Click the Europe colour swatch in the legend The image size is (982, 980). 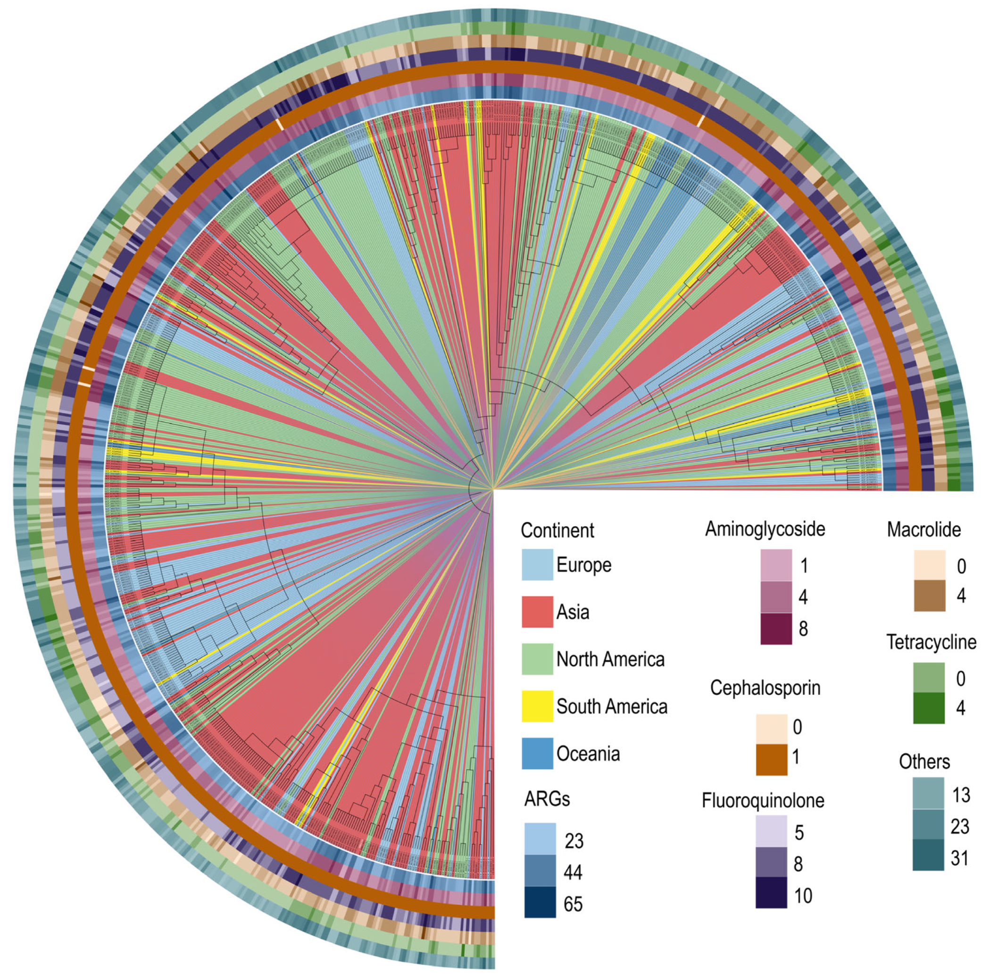[537, 565]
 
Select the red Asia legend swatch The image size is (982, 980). [537, 612]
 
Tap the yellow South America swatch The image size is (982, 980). [537, 706]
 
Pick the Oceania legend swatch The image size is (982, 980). [537, 753]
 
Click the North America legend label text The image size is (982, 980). [610, 659]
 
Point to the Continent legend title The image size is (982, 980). [557, 530]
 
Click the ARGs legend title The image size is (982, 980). [547, 799]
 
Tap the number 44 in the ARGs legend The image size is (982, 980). [573, 872]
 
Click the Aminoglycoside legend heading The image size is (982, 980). [765, 529]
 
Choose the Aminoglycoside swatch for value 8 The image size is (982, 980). [776, 629]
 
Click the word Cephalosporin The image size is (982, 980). [765, 688]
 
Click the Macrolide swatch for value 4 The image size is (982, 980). [929, 595]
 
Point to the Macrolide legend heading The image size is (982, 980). [924, 530]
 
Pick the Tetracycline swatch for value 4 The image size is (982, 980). [929, 707]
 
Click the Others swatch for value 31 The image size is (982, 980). [928, 857]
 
